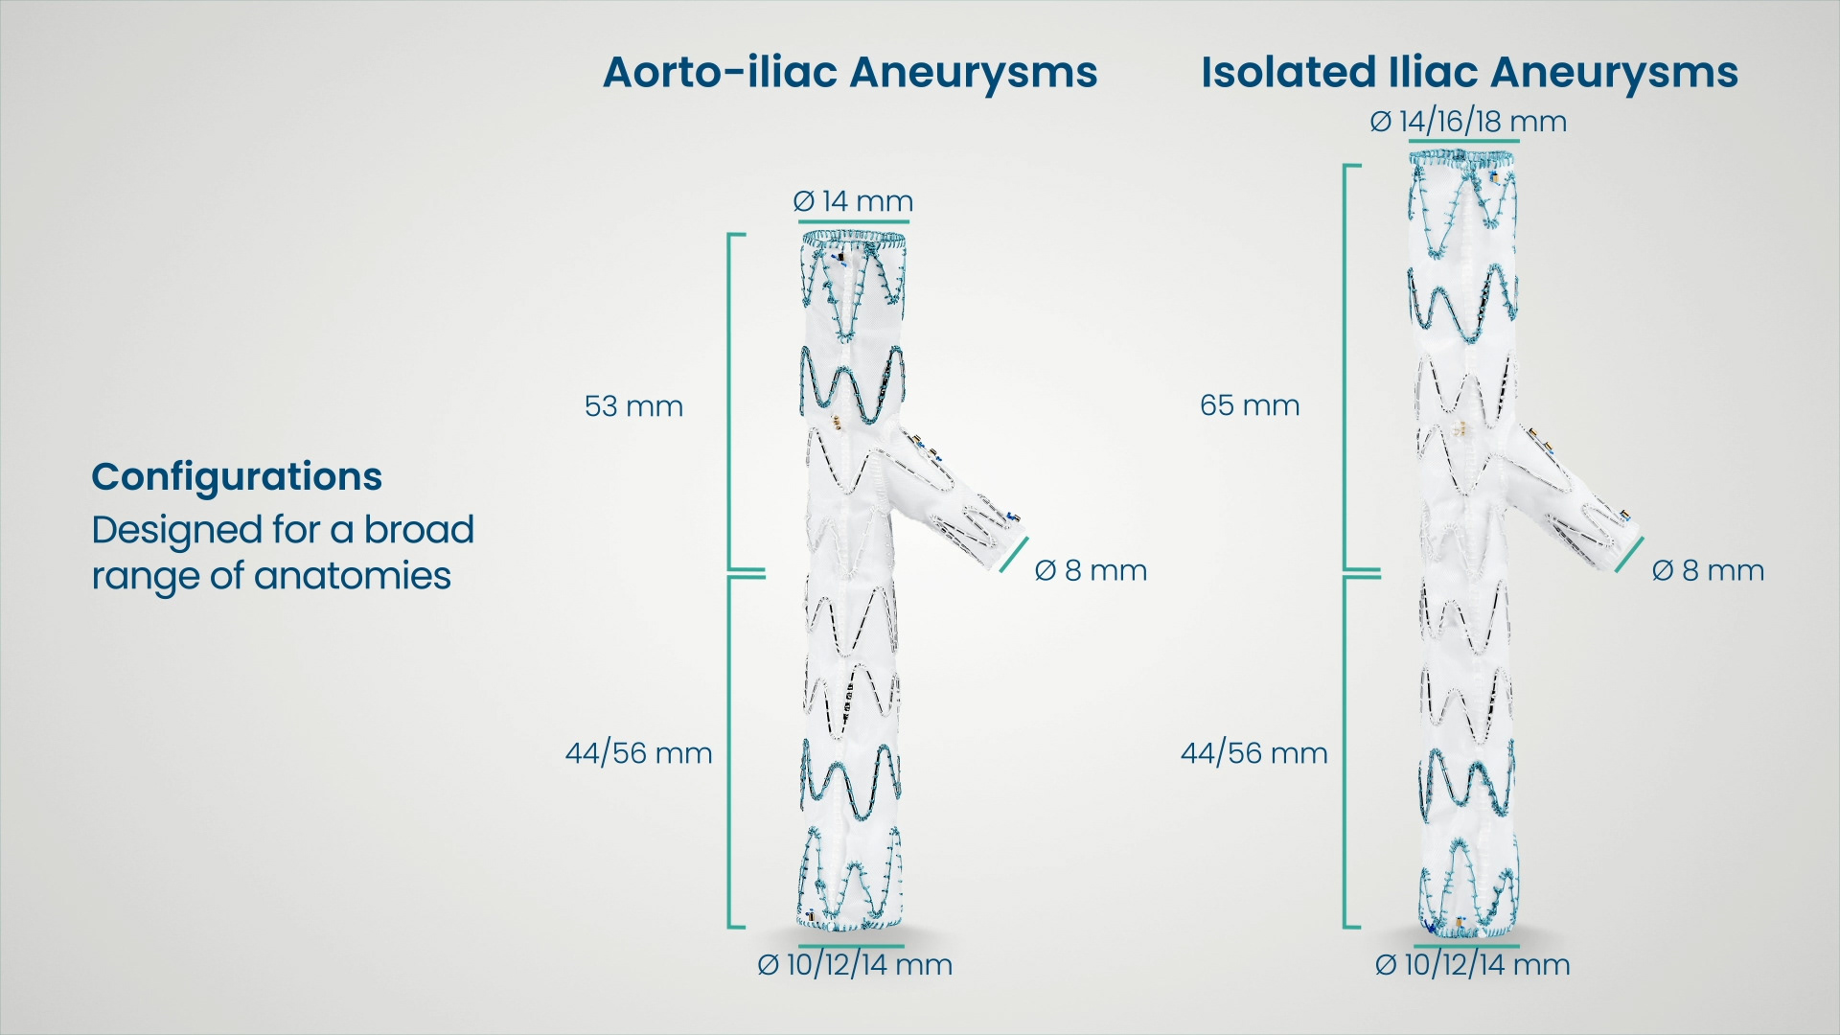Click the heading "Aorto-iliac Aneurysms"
(x=849, y=73)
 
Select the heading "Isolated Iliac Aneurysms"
(x=1468, y=73)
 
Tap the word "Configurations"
(x=237, y=476)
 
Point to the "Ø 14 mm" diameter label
(x=853, y=201)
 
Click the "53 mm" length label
(x=633, y=406)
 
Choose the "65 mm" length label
(x=1250, y=405)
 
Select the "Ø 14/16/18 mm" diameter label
(x=1468, y=122)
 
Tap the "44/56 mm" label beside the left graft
(x=638, y=753)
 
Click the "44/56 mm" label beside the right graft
(x=1253, y=753)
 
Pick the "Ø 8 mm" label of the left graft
(x=1091, y=571)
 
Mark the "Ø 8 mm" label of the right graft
(x=1708, y=571)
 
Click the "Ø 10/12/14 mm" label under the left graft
(x=855, y=965)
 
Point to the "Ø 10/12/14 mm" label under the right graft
(x=1472, y=965)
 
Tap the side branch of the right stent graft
(x=1572, y=498)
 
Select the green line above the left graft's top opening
(x=853, y=221)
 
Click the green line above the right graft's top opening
(x=1463, y=142)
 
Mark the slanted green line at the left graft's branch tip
(x=1013, y=556)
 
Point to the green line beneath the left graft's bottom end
(x=851, y=946)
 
